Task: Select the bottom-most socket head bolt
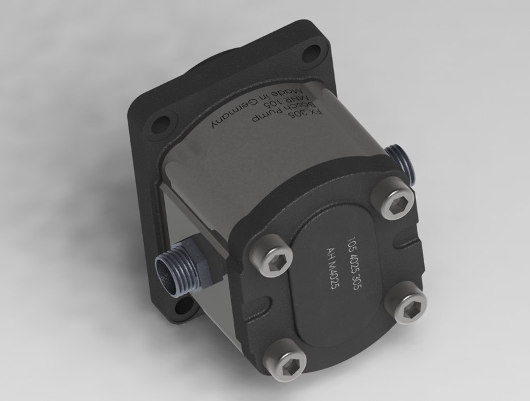286,362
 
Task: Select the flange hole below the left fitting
184,306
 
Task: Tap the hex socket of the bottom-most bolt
286,362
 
